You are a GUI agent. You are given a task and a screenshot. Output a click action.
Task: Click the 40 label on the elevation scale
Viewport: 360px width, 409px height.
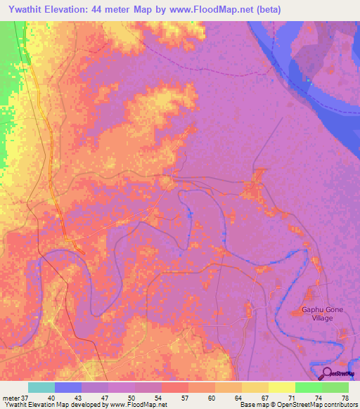pos(51,398)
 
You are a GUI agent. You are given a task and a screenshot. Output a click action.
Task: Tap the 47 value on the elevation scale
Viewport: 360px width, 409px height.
pos(105,398)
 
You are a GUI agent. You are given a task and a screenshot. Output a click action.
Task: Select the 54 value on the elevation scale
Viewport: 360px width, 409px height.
pos(158,398)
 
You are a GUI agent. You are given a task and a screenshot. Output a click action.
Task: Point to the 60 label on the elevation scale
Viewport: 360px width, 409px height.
pos(212,398)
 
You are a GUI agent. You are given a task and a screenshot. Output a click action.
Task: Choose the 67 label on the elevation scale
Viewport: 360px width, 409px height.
pos(265,398)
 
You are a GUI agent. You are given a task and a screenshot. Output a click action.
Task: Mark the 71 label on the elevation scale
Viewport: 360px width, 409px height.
pos(292,398)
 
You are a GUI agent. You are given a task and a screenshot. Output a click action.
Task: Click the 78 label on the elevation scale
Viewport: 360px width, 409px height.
pos(345,398)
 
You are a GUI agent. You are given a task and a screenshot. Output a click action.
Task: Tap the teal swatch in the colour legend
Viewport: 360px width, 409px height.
pos(41,387)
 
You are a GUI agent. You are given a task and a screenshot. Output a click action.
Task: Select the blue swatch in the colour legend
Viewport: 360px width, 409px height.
pos(68,387)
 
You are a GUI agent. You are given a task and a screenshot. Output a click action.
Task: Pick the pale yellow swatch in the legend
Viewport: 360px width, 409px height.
pos(281,387)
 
